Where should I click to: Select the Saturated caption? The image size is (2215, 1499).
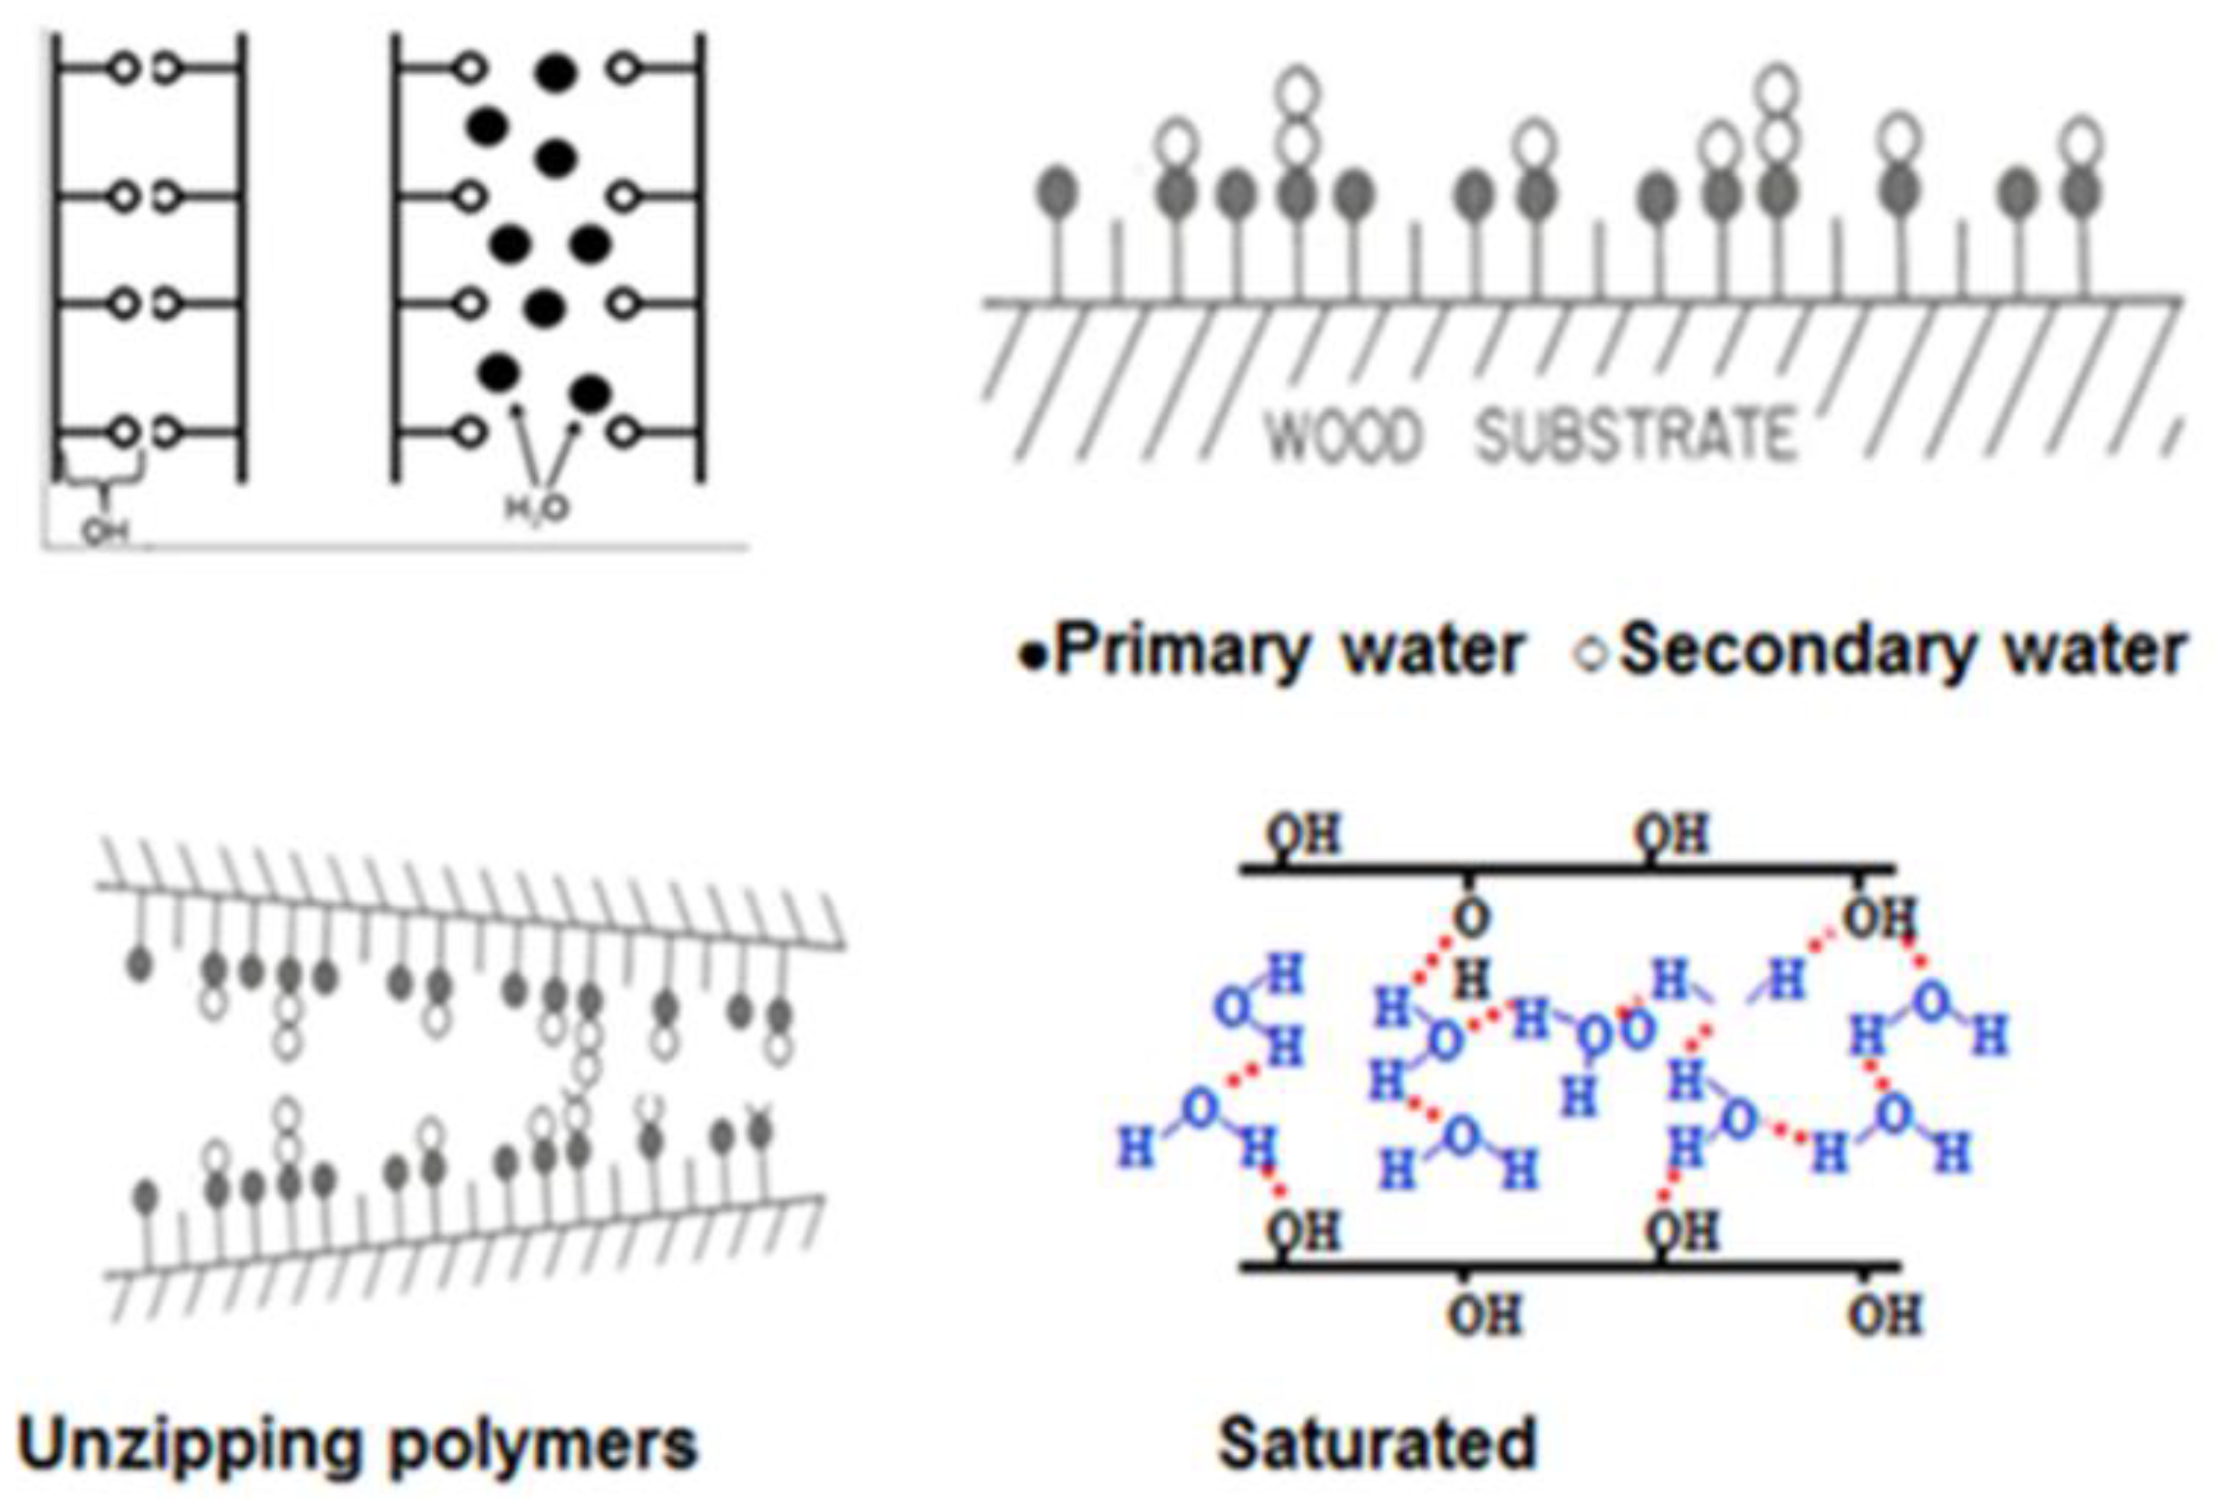[1377, 1444]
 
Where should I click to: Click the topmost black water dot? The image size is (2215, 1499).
[556, 71]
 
